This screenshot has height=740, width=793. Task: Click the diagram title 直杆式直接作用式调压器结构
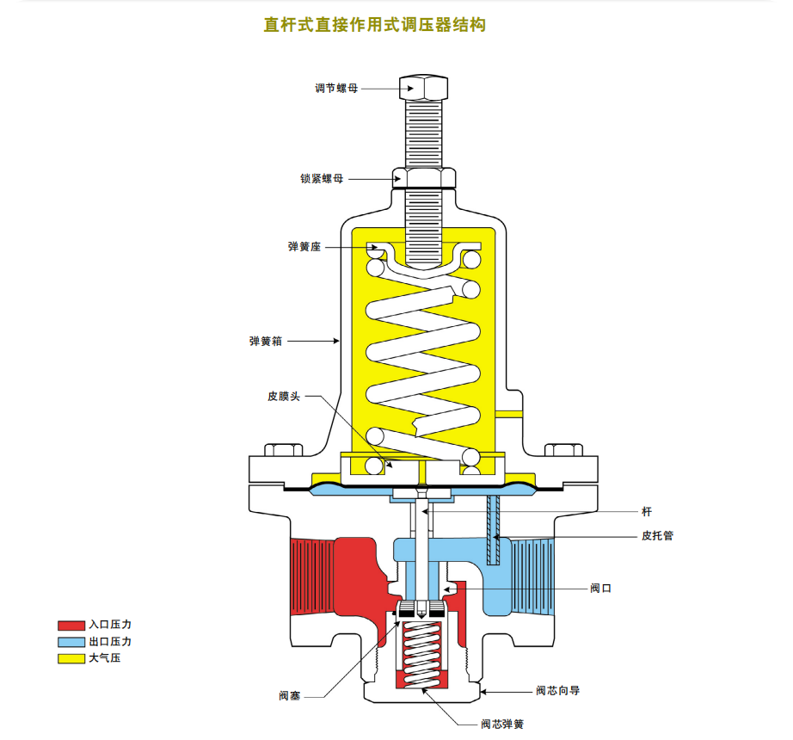point(374,25)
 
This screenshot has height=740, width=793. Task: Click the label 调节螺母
point(335,89)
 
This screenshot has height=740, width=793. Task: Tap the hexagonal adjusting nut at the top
point(422,86)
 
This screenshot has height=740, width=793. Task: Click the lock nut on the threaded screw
point(422,177)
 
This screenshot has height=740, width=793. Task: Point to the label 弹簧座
point(304,247)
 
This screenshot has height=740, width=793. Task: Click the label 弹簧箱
point(266,342)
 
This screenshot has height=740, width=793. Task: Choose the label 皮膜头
point(284,397)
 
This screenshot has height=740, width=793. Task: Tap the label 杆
point(647,512)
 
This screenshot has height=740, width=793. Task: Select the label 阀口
point(600,588)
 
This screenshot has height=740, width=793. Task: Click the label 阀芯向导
point(558,691)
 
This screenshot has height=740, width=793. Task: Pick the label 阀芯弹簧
point(502,725)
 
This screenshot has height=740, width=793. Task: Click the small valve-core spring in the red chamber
point(421,653)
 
